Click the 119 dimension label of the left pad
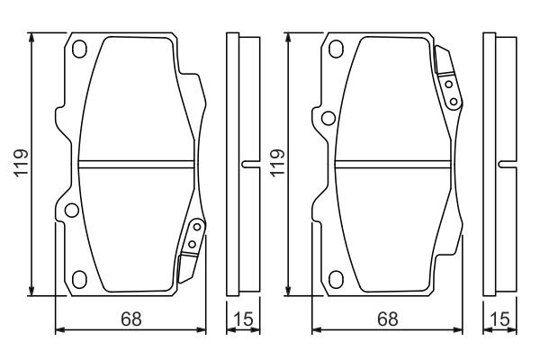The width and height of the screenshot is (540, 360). pos(21,163)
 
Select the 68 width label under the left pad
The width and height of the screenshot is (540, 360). pos(131,319)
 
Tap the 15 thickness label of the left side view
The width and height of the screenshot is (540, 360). pos(243,319)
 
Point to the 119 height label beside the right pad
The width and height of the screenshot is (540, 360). pos(277,163)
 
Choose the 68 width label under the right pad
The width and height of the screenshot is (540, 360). pos(388,319)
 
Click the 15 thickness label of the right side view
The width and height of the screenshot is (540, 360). pos(499,319)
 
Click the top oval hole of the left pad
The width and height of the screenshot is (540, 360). pos(79,49)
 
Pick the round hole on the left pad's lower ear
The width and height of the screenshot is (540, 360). pos(72,210)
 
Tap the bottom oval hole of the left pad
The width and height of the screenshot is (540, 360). pos(79,279)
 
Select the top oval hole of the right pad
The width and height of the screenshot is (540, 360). pos(336,49)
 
